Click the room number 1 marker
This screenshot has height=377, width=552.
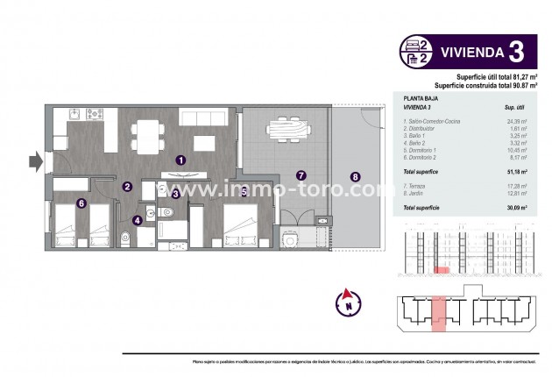pos(180,160)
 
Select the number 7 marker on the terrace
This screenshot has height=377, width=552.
pos(301,175)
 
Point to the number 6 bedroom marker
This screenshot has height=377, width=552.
pos(57,203)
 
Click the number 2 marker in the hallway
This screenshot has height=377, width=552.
pos(127,186)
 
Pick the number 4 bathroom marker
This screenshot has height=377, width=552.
pos(138,221)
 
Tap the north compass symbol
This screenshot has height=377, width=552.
pos(348,303)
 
